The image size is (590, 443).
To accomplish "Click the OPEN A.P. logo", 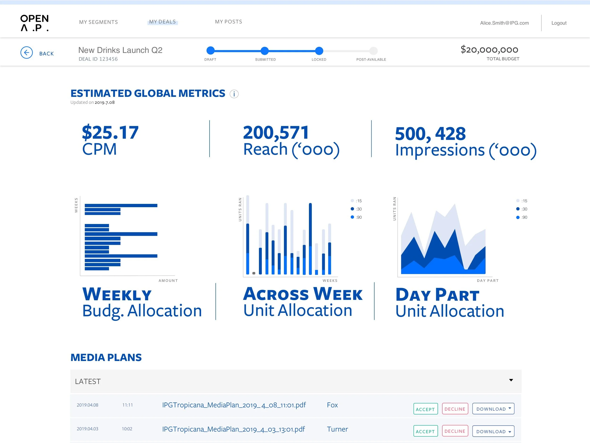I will pos(35,23).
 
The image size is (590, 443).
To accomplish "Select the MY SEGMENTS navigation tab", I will pos(98,22).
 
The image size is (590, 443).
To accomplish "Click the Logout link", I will pos(559,23).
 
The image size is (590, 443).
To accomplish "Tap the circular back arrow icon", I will pos(27,53).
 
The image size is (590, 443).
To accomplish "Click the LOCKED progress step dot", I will pos(319,51).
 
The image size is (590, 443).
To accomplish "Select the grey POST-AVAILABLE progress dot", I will pos(373,51).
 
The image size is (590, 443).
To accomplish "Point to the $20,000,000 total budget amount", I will pos(489,50).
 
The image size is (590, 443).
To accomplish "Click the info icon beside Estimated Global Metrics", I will pos(234,94).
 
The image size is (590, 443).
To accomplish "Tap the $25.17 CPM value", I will pos(110,133).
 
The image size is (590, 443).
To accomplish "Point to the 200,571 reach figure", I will pos(276,133).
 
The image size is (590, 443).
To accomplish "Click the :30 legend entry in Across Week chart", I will pos(356,209).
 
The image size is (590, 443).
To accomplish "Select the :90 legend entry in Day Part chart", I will pos(522,217).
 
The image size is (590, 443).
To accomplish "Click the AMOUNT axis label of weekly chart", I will pos(168,281).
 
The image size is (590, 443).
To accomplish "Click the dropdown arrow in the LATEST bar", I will pos(511,380).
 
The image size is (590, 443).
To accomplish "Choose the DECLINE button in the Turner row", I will pos(455,431).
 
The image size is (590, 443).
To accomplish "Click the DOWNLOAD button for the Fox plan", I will pos(493,409).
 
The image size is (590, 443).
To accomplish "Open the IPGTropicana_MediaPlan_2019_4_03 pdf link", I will pos(233,429).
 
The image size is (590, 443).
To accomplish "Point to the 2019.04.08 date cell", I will pos(88,405).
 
